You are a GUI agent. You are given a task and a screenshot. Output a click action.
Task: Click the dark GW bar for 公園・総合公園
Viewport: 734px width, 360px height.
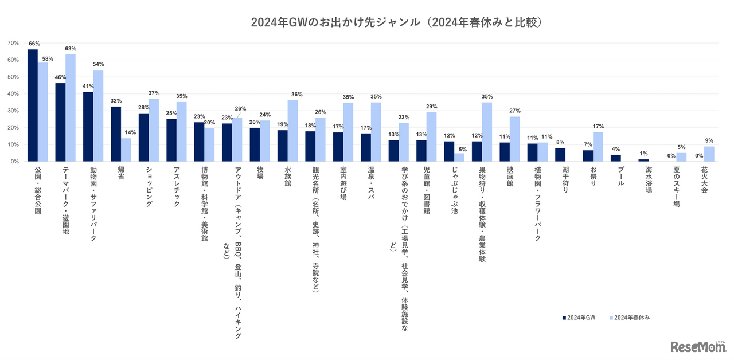click(33, 105)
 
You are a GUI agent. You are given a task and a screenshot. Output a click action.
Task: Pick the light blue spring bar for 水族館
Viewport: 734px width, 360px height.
click(292, 131)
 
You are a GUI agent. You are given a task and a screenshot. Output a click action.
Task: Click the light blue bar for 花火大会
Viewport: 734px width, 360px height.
click(710, 154)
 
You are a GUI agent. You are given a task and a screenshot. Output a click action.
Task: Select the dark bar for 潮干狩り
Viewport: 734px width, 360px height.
click(560, 155)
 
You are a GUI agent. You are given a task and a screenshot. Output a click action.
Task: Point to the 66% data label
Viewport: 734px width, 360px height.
click(34, 44)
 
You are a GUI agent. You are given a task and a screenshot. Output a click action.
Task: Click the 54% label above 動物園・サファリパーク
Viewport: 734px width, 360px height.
click(98, 64)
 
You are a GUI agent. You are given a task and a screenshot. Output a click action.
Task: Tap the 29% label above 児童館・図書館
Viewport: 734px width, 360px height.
click(431, 107)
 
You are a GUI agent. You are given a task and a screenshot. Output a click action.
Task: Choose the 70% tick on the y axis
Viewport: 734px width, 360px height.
click(13, 43)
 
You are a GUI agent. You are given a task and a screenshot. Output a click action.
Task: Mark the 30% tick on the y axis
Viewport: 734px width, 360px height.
click(13, 111)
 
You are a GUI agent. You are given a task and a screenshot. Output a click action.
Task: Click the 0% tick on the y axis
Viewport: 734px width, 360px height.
click(14, 162)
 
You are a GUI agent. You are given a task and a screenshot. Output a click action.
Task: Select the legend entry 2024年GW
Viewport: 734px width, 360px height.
click(579, 317)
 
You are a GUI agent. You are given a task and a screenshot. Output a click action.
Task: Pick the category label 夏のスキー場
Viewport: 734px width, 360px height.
click(677, 186)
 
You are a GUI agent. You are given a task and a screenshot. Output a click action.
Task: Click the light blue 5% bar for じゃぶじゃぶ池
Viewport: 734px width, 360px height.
click(459, 158)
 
